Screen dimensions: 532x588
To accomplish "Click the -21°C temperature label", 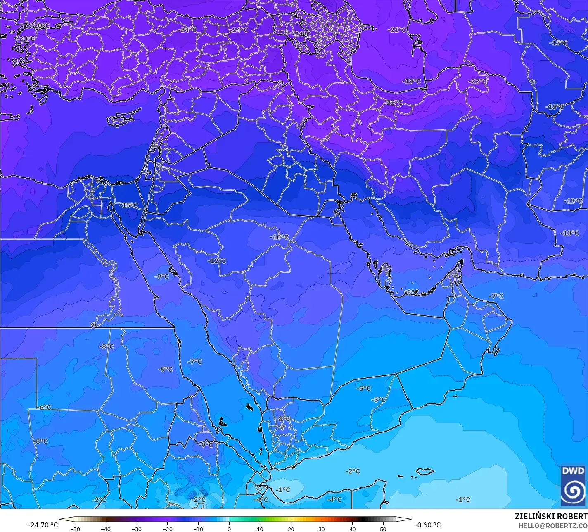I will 398,30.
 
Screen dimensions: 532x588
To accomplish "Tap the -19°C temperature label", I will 412,81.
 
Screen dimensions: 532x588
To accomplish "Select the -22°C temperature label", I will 478,81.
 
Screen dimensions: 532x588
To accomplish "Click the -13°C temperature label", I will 573,201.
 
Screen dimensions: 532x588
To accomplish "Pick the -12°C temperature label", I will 217,261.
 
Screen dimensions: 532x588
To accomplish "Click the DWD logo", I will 573,486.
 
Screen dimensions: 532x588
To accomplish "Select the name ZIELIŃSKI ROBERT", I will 551,517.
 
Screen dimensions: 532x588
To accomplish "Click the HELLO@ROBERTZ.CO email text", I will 553,526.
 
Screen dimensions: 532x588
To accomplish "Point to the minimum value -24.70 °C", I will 43,525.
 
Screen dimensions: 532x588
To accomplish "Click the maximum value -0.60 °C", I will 427,525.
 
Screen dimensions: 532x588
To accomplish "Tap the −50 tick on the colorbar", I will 75,529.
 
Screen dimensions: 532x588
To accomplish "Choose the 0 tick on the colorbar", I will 229,529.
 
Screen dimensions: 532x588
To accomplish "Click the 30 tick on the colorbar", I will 322,529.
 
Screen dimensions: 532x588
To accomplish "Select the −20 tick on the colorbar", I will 167,529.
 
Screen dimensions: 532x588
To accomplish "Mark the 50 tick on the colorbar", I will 383,529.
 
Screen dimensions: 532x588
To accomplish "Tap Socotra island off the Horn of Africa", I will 425,471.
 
